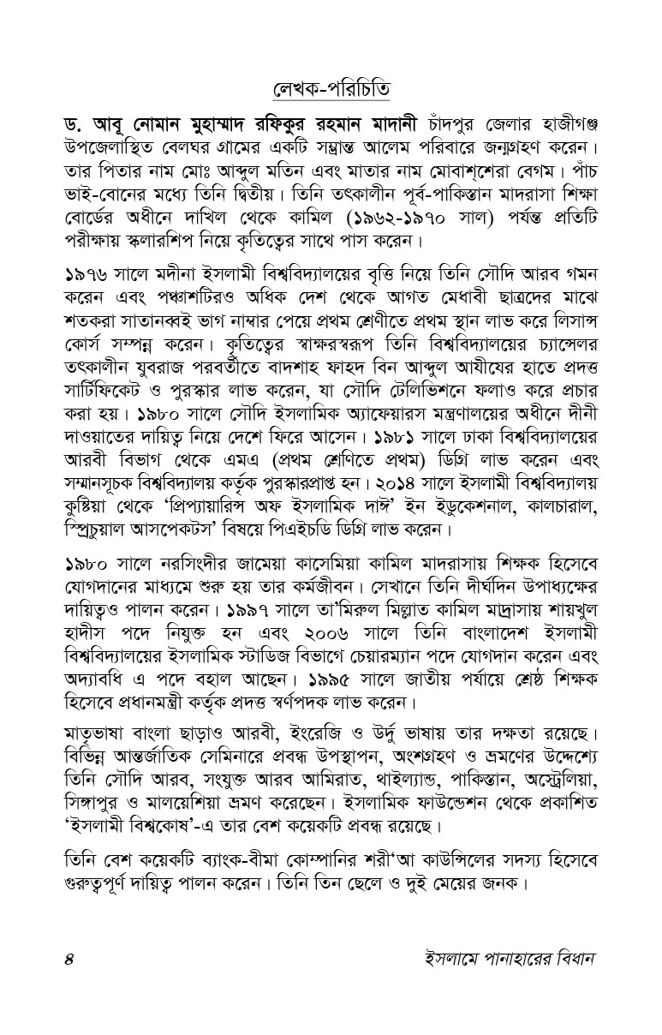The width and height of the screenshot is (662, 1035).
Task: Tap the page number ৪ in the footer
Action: [x=69, y=957]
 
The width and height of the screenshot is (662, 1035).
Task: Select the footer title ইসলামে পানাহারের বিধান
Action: [x=498, y=957]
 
